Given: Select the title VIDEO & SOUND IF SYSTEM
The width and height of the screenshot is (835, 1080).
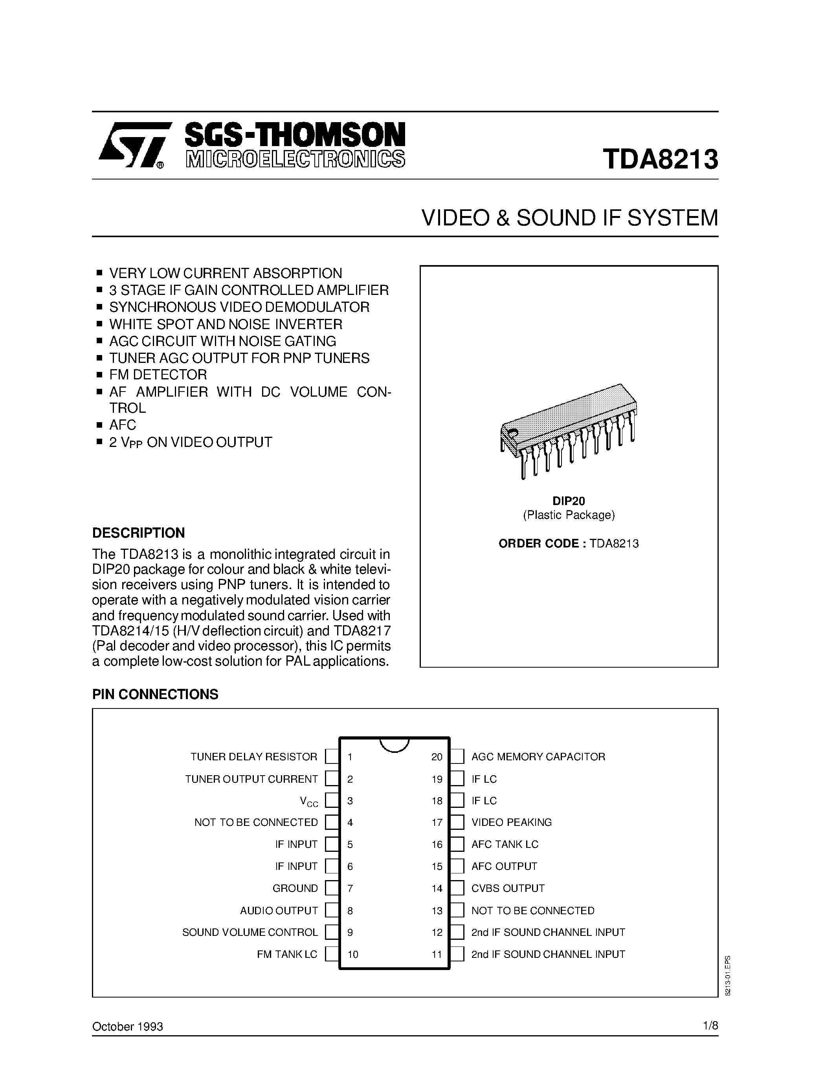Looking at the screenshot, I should click(x=569, y=218).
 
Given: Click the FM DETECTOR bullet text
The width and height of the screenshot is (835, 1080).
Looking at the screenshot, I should click(x=158, y=374).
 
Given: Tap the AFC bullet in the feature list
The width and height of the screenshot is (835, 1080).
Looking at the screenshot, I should click(x=122, y=425).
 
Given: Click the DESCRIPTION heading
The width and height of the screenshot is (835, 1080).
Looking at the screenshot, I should click(x=138, y=533).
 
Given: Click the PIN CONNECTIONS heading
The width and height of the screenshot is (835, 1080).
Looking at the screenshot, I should click(x=155, y=694).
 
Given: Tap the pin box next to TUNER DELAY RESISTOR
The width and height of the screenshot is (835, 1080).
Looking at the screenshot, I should click(x=331, y=757).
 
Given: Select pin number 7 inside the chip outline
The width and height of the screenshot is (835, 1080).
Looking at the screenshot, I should click(x=350, y=888).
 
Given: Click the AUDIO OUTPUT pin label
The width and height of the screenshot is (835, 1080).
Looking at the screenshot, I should click(x=279, y=910).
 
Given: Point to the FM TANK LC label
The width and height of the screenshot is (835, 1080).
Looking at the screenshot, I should click(x=287, y=954).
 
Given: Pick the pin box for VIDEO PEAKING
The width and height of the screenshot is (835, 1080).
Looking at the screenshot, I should click(x=457, y=822).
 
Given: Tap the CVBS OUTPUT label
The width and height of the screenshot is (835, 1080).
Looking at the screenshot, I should click(x=508, y=888).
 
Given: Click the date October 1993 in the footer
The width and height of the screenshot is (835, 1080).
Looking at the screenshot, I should click(x=128, y=1027).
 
